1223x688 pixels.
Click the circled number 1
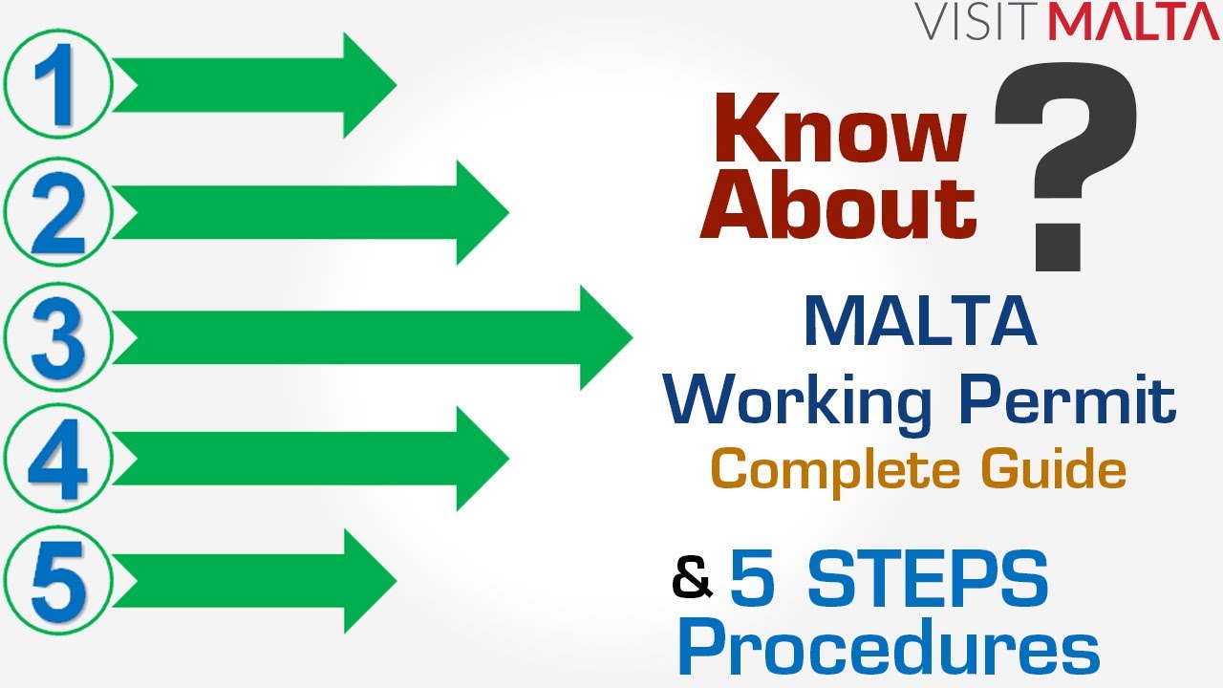tap(58, 83)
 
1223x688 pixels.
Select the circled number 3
tap(58, 335)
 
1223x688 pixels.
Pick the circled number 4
tap(58, 459)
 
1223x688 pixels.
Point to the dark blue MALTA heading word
tap(920, 324)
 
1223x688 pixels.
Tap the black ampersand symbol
tap(693, 578)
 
